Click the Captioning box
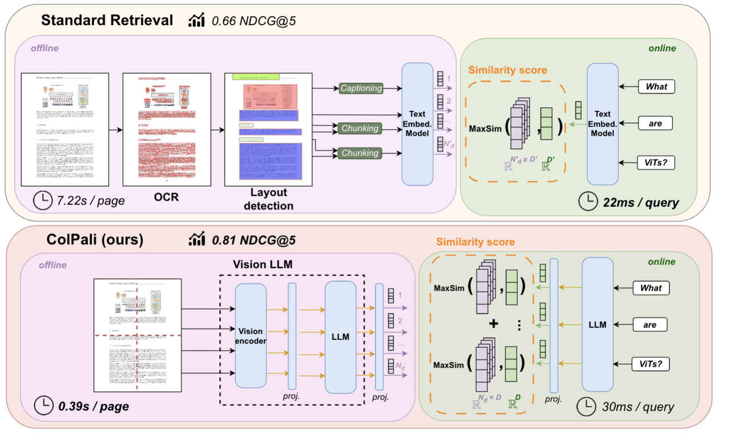click(x=361, y=88)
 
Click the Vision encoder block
click(x=251, y=337)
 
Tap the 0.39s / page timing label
click(x=93, y=407)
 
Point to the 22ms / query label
click(x=640, y=202)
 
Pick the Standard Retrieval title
click(x=107, y=20)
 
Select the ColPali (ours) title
click(x=95, y=240)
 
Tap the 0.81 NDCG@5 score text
click(x=253, y=240)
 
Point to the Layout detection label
click(x=269, y=199)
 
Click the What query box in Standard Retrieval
click(x=656, y=87)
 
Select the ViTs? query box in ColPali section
click(x=650, y=363)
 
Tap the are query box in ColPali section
click(x=650, y=325)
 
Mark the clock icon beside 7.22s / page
click(x=41, y=200)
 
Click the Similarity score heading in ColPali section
click(x=476, y=242)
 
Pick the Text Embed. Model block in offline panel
click(x=421, y=124)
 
